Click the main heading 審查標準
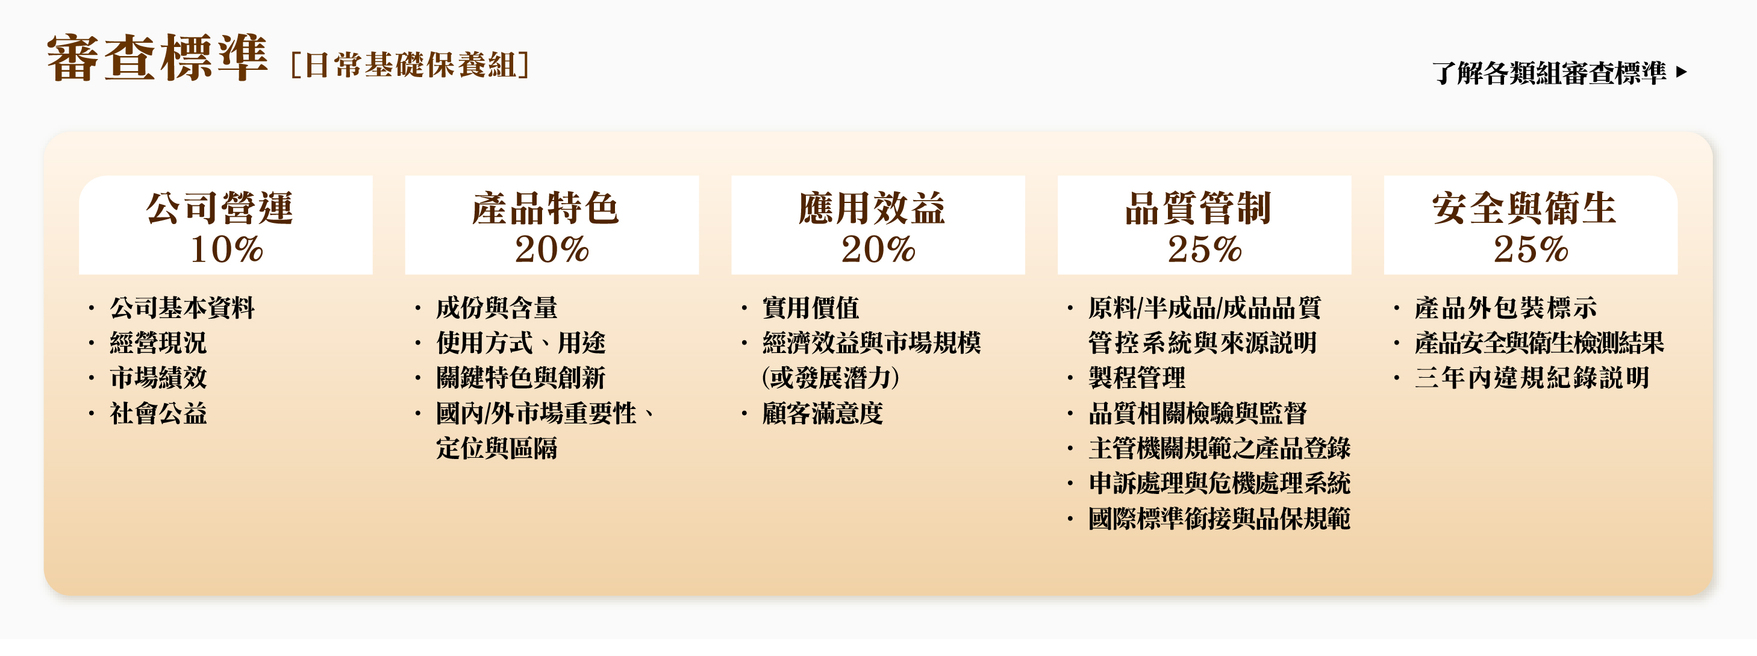[157, 58]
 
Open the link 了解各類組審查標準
[1550, 72]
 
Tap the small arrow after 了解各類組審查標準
[1681, 72]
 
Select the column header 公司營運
[220, 208]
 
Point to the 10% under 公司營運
[226, 249]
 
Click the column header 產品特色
[546, 208]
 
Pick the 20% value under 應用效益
[878, 249]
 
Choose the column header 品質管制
[1199, 208]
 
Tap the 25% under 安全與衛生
[1531, 249]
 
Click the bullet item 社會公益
[158, 413]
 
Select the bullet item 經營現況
[158, 343]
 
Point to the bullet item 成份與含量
[496, 308]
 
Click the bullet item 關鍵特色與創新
[521, 378]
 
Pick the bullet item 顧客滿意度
[823, 413]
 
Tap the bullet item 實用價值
[810, 308]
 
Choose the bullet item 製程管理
[1137, 378]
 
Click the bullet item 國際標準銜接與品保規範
[1220, 519]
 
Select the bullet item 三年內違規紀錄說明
[1532, 378]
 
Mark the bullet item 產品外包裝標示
[1506, 308]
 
